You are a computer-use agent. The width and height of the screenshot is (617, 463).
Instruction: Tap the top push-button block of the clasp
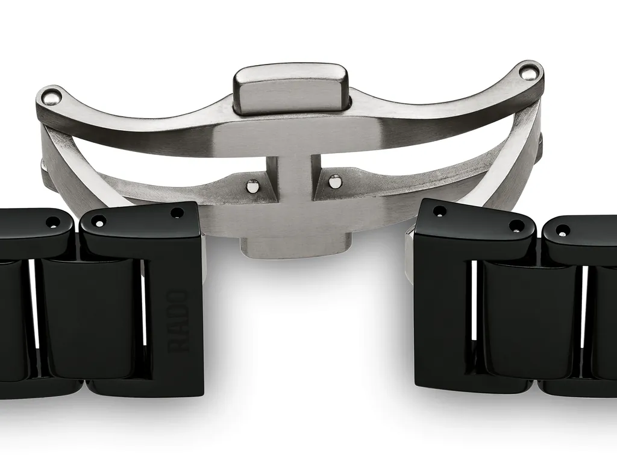tap(291, 88)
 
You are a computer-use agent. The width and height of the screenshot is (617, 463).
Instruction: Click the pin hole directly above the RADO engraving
tap(177, 212)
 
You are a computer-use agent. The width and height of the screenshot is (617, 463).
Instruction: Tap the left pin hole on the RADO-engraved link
tap(98, 221)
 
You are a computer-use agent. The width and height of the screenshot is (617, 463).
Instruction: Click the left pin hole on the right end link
tap(440, 211)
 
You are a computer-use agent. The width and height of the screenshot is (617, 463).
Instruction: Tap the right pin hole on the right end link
tap(516, 227)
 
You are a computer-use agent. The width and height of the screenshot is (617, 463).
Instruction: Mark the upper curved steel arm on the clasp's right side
tap(458, 102)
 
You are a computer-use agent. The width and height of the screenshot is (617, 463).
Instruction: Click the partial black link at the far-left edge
tap(12, 313)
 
